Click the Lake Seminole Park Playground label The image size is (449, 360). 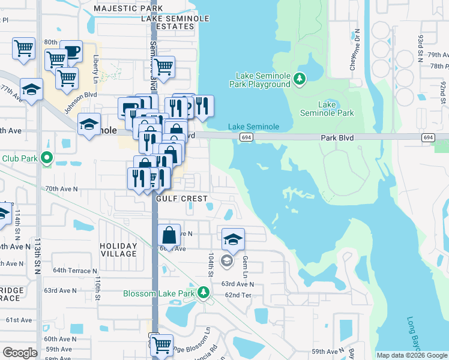tap(263, 80)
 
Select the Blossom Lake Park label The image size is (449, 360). tap(159, 293)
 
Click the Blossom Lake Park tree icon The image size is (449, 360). tap(204, 293)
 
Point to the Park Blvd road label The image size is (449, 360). tap(336, 137)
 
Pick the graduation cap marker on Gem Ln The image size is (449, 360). tap(233, 239)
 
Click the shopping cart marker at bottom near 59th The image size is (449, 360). tap(161, 345)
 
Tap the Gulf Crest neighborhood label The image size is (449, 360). tap(181, 198)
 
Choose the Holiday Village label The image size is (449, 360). tap(118, 250)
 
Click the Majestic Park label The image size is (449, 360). tap(128, 9)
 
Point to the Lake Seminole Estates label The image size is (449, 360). tap(175, 22)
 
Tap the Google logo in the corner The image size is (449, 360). tap(20, 352)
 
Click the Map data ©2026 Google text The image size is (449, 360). tap(412, 355)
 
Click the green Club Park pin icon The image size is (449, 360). tap(47, 159)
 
